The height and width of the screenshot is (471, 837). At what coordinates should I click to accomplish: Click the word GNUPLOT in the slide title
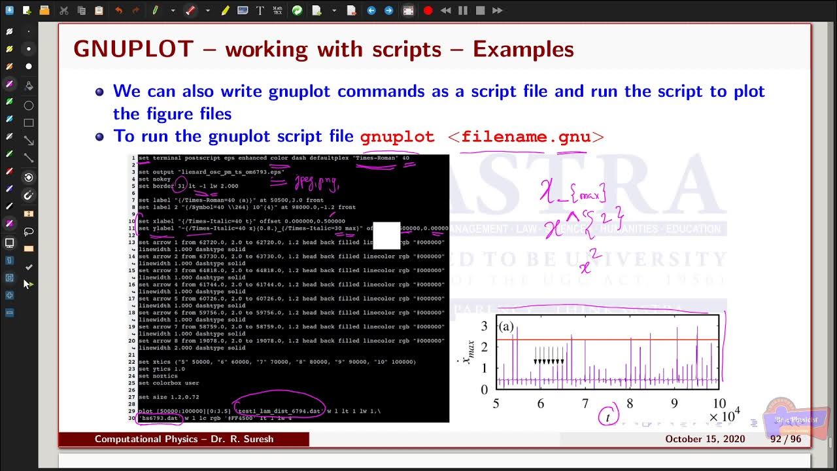133,49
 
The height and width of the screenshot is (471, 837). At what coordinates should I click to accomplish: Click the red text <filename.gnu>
526,137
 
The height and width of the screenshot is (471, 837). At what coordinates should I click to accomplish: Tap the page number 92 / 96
785,439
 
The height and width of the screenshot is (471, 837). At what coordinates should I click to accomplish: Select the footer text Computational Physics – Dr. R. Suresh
184,439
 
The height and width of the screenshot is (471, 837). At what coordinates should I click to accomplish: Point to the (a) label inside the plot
506,326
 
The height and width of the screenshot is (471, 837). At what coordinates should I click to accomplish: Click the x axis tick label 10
719,404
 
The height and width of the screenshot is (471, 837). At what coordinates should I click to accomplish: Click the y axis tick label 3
485,326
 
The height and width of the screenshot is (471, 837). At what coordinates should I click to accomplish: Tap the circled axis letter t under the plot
607,416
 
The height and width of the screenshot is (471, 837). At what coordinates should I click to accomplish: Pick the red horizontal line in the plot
608,340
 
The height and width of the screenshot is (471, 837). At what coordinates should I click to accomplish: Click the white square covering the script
386,236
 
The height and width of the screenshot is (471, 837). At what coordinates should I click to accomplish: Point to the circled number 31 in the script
181,186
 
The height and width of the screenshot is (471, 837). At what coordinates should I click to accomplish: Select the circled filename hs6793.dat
159,418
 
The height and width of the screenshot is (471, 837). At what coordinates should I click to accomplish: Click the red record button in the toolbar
428,10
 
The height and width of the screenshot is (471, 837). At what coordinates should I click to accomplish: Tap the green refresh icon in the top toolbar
297,10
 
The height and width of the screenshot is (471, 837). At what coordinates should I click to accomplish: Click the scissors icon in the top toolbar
63,10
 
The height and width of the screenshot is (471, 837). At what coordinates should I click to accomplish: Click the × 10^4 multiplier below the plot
724,415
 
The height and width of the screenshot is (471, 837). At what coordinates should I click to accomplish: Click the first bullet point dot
99,92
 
